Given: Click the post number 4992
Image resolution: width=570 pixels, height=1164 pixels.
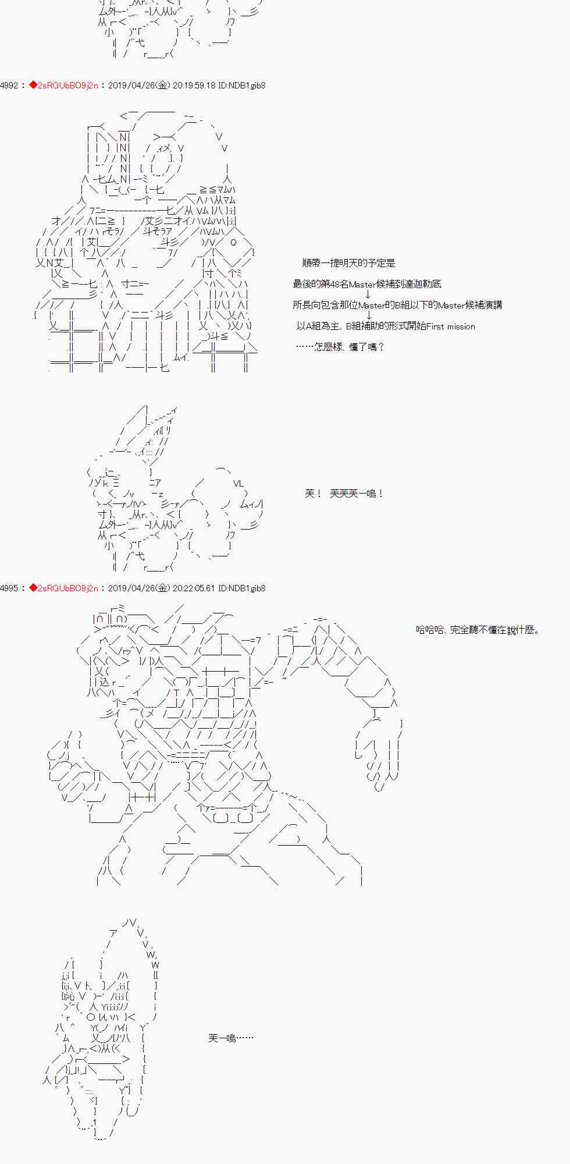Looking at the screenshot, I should [x=9, y=86].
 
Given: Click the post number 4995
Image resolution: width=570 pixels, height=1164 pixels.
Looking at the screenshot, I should [x=9, y=588].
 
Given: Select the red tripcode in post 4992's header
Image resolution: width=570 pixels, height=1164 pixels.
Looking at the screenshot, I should [x=63, y=86].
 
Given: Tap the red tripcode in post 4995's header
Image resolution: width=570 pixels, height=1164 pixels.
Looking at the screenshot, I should [x=63, y=588].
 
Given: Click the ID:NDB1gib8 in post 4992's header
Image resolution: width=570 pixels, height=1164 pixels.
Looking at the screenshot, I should [x=242, y=86].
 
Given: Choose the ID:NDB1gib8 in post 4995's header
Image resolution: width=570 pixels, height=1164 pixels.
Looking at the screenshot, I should [x=242, y=588].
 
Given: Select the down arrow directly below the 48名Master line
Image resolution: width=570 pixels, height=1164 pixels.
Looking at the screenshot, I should [x=368, y=294].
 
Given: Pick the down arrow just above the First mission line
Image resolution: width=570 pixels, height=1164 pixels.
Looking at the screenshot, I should [x=368, y=315].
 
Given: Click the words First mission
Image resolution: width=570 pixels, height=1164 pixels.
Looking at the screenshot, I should [x=450, y=327].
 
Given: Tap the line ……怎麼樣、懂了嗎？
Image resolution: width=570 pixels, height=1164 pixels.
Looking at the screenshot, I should [x=340, y=347].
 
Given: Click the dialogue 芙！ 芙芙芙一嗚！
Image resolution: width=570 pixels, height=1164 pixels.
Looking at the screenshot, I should [x=344, y=494].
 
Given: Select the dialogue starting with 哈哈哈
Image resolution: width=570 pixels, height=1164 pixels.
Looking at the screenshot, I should [x=478, y=630].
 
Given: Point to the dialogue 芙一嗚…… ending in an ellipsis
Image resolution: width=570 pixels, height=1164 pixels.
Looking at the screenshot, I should [x=230, y=1038].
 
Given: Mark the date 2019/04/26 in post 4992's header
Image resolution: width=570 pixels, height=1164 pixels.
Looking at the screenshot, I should [x=131, y=86].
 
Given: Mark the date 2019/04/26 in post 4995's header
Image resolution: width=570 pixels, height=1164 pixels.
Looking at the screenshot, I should [x=131, y=588].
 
